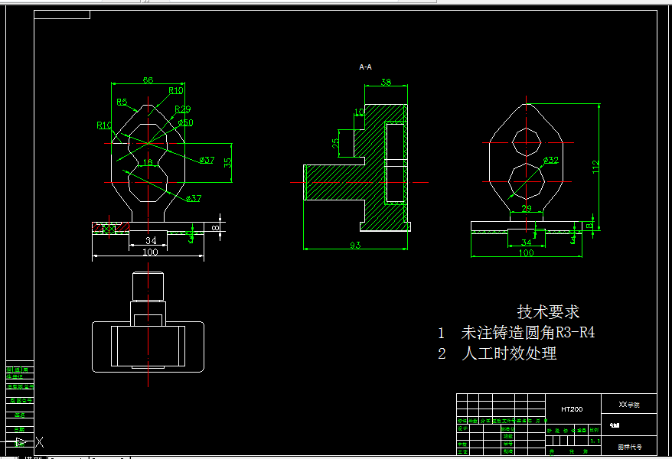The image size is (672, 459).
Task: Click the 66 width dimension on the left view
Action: (x=148, y=80)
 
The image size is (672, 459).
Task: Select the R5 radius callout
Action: (x=122, y=102)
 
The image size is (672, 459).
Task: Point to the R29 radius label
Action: (x=183, y=109)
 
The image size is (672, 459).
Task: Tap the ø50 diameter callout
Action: (x=185, y=122)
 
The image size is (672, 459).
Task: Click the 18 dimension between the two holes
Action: (x=148, y=162)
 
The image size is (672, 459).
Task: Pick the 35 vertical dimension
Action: (x=227, y=162)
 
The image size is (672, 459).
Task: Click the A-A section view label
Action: (x=366, y=67)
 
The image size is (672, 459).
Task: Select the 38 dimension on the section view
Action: (x=386, y=82)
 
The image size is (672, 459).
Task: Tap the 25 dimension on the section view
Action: (x=335, y=142)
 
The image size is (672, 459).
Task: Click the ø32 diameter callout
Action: (x=551, y=160)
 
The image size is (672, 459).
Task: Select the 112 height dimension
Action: (x=596, y=166)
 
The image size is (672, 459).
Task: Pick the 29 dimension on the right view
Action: (x=526, y=208)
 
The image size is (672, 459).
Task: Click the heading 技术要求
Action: (x=548, y=312)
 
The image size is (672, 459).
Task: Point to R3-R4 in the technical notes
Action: (x=575, y=333)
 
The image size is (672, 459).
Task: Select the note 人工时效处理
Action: (x=509, y=353)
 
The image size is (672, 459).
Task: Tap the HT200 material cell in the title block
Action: (x=572, y=409)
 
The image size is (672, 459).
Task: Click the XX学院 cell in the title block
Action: (x=628, y=404)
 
